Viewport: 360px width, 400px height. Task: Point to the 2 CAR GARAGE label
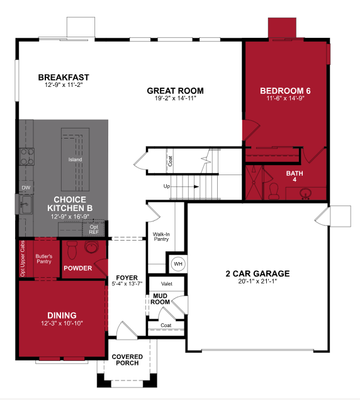(x=257, y=273)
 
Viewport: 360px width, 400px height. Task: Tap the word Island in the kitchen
(x=76, y=159)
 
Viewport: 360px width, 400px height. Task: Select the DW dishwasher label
(x=26, y=188)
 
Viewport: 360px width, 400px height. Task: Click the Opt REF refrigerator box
(x=94, y=228)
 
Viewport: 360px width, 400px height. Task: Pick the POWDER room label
(x=77, y=268)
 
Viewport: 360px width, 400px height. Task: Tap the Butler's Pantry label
(x=43, y=260)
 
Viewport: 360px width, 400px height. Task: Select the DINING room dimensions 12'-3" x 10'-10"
(x=62, y=323)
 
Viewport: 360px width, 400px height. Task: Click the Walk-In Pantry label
(x=161, y=237)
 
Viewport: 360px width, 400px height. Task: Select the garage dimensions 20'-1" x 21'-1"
(x=257, y=282)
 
